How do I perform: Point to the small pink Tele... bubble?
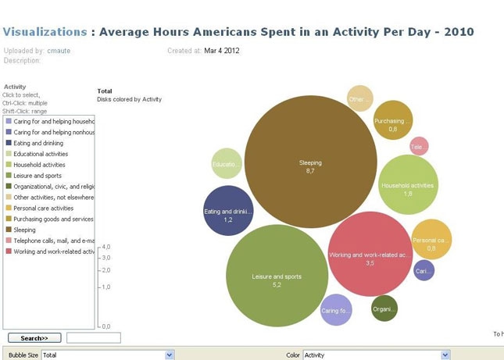coord(419,146)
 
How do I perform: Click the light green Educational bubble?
coord(227,164)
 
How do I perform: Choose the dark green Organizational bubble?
coord(384,308)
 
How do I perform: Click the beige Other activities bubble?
coord(359,99)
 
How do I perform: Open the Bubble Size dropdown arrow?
coord(170,355)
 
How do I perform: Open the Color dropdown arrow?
coord(445,355)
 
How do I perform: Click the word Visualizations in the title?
coord(45,32)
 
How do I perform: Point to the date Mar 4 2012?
coord(222,51)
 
